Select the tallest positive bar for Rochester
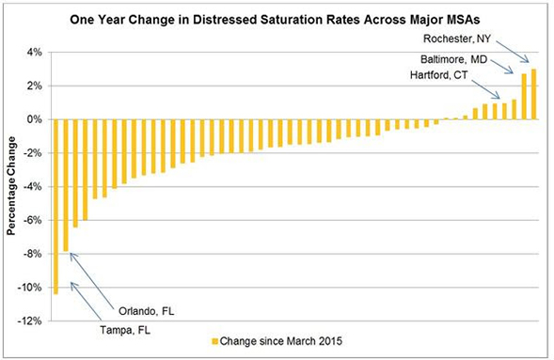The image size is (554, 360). point(533,94)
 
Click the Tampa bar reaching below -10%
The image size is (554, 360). point(56,207)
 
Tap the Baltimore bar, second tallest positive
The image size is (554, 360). point(524,97)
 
